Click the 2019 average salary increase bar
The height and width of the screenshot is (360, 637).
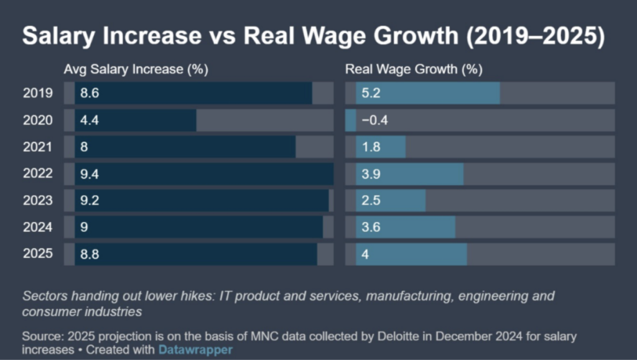click(193, 93)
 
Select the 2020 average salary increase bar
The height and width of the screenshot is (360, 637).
click(135, 120)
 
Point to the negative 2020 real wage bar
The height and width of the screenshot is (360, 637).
click(350, 120)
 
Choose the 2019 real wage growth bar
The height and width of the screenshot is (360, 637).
click(427, 93)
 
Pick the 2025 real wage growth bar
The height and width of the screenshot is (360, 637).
click(411, 254)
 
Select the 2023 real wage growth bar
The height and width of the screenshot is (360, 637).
click(391, 201)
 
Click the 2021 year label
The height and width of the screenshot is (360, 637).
click(38, 147)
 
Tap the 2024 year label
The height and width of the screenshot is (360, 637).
click(38, 228)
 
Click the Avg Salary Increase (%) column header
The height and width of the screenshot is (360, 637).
click(136, 70)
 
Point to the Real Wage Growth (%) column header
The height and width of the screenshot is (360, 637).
click(414, 70)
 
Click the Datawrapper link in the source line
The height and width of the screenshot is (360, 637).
click(195, 350)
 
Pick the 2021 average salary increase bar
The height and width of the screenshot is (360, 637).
click(185, 147)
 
